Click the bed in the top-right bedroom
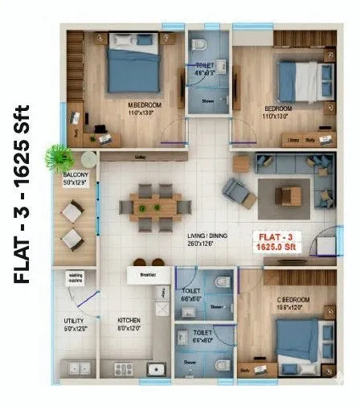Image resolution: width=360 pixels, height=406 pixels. pos(301,79)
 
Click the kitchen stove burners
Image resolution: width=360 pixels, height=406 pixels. pos(126,369)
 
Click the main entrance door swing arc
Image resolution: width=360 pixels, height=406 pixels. pos(325,242)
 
